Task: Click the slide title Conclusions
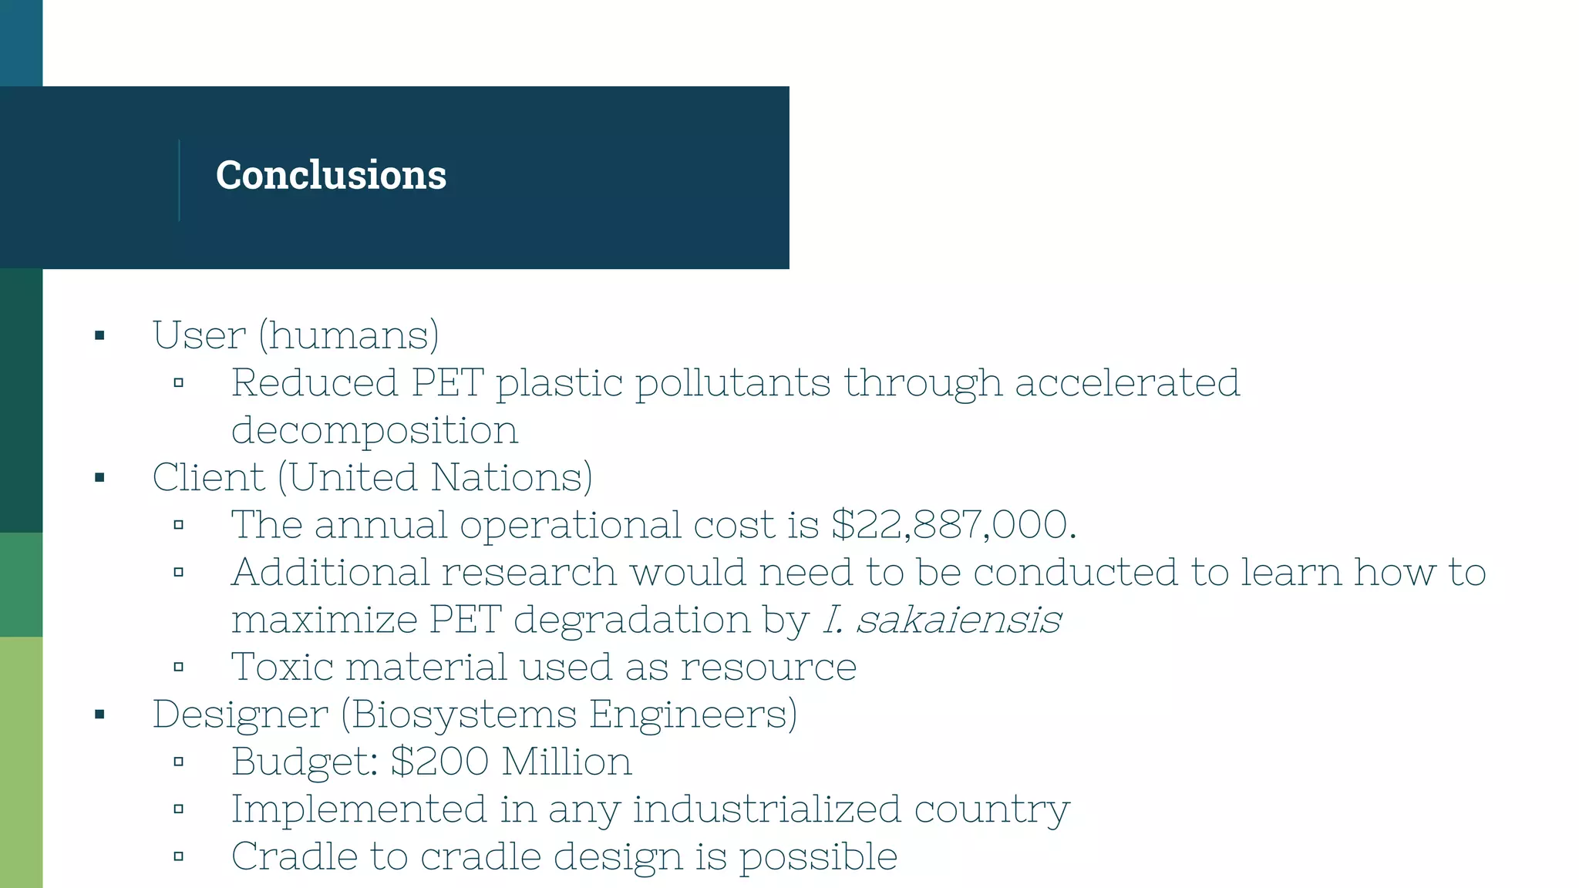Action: [331, 175]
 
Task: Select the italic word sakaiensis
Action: [958, 620]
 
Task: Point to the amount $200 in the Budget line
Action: [439, 762]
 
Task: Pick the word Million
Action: [567, 762]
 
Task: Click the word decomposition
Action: [375, 431]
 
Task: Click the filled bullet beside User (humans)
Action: [99, 335]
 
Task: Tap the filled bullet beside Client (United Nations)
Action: [99, 478]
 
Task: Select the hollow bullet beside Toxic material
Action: [179, 668]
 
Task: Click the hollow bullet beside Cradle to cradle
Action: [179, 856]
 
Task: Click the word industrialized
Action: [766, 809]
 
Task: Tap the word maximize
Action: [324, 620]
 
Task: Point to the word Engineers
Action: [693, 715]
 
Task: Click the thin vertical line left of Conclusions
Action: [179, 180]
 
